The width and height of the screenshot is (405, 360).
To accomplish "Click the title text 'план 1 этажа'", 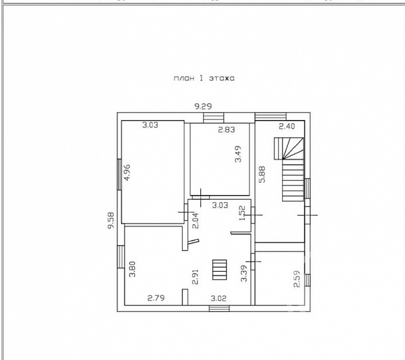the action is point(204,78).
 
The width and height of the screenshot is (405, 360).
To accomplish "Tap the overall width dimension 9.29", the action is point(203,106).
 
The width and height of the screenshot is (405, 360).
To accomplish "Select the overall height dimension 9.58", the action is point(111,220).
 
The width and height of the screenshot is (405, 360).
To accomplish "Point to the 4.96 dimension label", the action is point(127,173).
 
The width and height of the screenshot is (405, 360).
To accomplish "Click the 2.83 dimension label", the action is point(227,130).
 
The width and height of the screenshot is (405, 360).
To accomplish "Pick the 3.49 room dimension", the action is point(238,154).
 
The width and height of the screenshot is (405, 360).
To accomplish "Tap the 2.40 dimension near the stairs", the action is point(287,126).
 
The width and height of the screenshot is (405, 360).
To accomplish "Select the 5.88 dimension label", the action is point(262,175).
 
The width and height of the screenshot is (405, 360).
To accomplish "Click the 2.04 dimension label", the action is point(196,220).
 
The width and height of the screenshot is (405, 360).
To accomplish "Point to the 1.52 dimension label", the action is point(242,213).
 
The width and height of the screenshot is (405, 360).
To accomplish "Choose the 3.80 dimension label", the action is point(132,269).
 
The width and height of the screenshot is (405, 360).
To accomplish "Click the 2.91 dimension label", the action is point(196,277).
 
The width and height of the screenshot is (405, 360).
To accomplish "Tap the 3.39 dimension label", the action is point(244,273).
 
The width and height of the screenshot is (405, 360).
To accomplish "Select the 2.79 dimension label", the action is point(156,298).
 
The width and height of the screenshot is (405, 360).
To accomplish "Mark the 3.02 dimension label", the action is point(218,299).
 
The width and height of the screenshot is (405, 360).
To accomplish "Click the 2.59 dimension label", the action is point(297,278).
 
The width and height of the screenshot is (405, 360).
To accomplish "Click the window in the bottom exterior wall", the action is point(219,308).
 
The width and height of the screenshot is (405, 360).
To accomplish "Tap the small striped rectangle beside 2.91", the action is point(220,269).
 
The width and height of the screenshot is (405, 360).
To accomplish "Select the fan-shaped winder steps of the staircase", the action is point(289,148).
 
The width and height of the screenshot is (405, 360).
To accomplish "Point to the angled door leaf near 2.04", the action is point(193,241).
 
